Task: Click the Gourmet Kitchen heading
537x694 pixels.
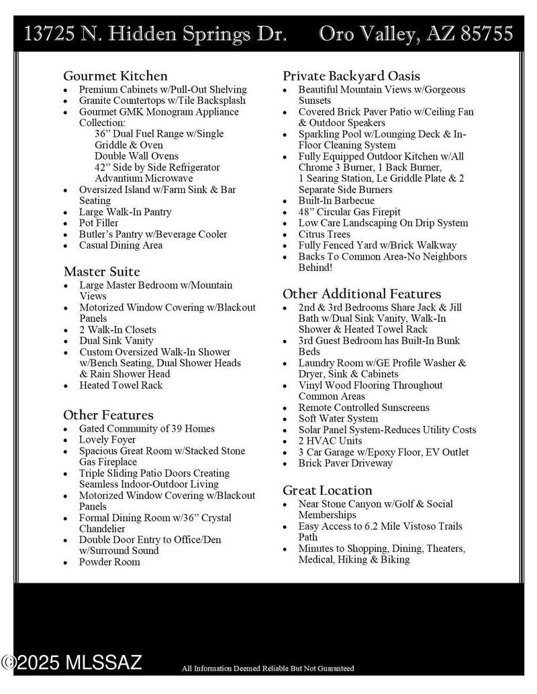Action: [115, 76]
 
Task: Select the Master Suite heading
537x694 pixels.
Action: [101, 272]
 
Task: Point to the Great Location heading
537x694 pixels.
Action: [327, 490]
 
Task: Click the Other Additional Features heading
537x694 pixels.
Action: [362, 294]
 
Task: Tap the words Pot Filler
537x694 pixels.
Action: [99, 223]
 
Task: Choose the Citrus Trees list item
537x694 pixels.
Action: [324, 234]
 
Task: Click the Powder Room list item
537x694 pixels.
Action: [109, 562]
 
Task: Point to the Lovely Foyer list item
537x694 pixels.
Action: [107, 440]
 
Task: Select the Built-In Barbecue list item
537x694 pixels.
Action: [336, 200]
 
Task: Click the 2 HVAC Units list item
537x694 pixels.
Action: [330, 441]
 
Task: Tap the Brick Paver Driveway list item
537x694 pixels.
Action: [345, 463]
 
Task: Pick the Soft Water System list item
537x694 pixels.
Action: [338, 418]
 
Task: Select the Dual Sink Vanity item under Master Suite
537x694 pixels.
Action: [116, 341]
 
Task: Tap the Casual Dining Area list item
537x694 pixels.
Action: [120, 245]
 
